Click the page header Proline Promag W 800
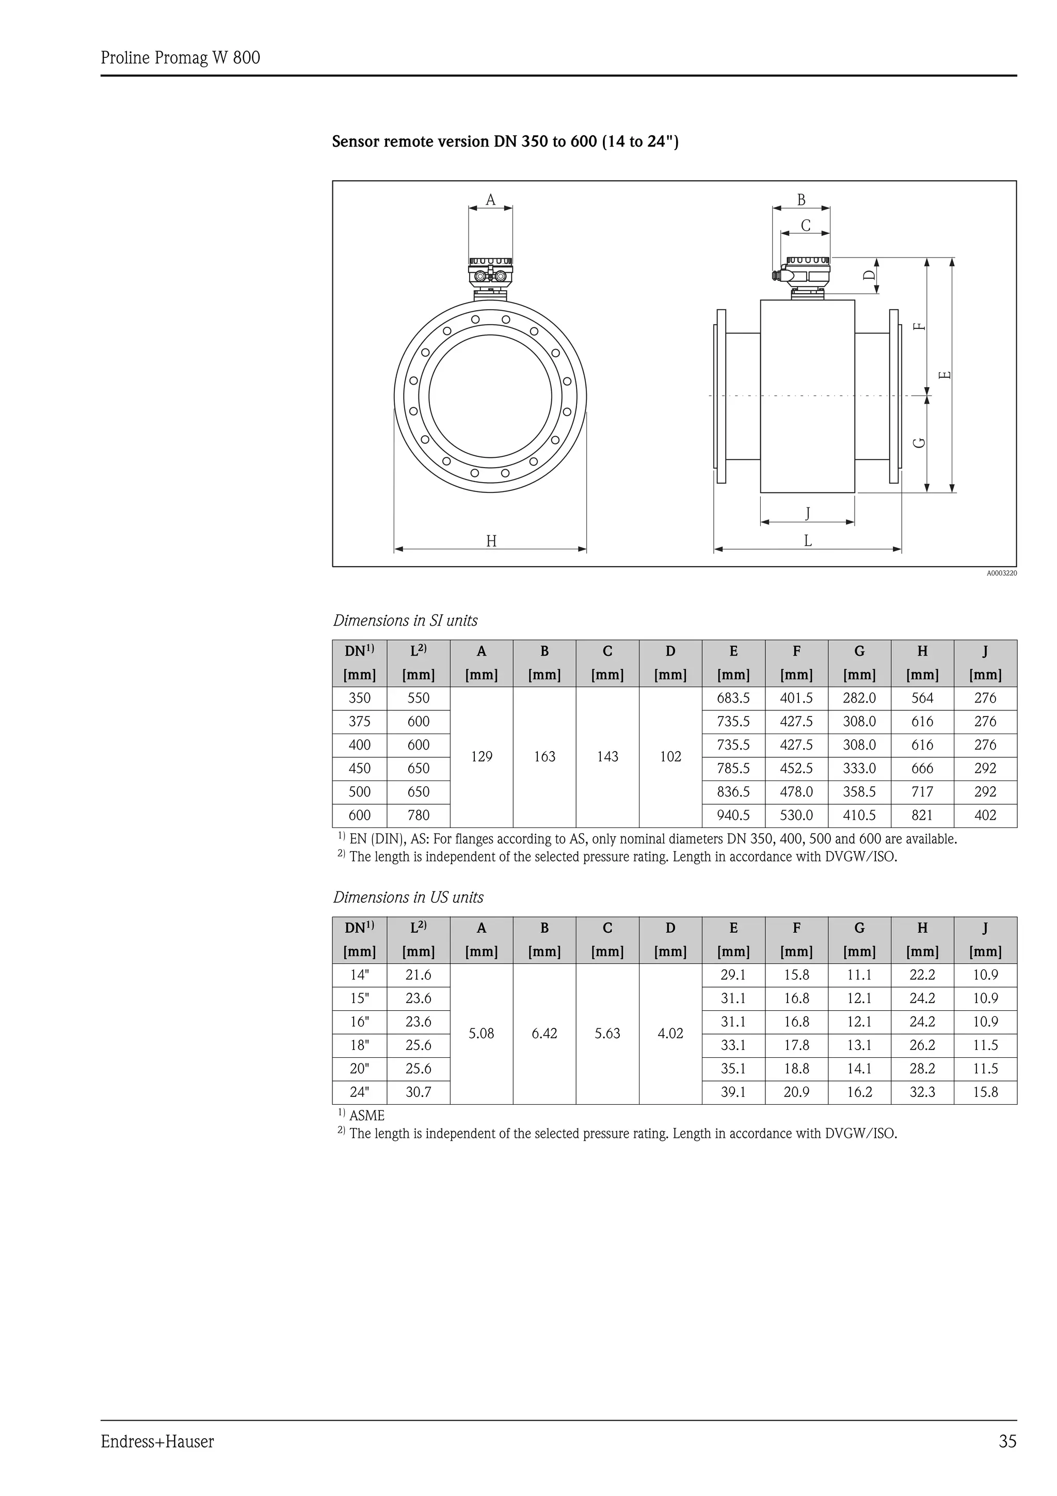pyautogui.click(x=181, y=58)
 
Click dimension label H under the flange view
pyautogui.click(x=491, y=541)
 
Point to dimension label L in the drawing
pyautogui.click(x=808, y=540)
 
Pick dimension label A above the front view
pyautogui.click(x=490, y=200)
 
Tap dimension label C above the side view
pyautogui.click(x=806, y=226)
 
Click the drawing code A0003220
pyautogui.click(x=1001, y=574)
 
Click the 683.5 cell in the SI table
pyautogui.click(x=733, y=698)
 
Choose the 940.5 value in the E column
pyautogui.click(x=733, y=815)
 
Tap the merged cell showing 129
pyautogui.click(x=482, y=756)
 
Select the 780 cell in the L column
pyautogui.click(x=418, y=815)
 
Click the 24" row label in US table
pyautogui.click(x=360, y=1092)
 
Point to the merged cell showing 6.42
pyautogui.click(x=544, y=1033)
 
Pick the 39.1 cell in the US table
pyautogui.click(x=733, y=1092)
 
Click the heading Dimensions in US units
pyautogui.click(x=408, y=897)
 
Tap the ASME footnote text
pyautogui.click(x=366, y=1116)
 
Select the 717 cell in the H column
pyautogui.click(x=922, y=792)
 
